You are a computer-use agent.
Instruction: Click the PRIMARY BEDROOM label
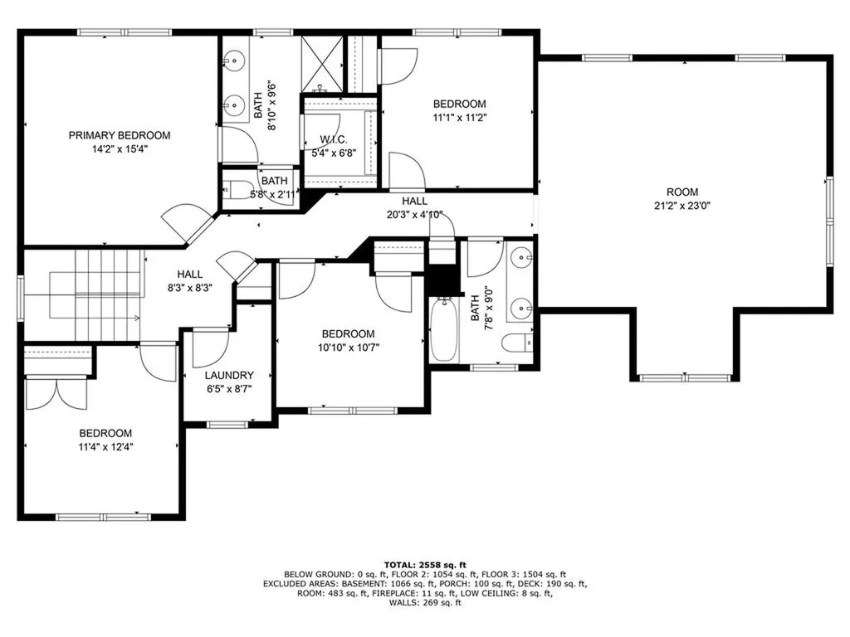point(119,135)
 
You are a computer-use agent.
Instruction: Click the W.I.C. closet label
point(333,140)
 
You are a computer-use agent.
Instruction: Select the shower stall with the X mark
point(322,64)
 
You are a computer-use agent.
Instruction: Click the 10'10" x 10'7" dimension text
point(349,348)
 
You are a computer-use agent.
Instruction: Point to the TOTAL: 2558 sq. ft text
point(425,563)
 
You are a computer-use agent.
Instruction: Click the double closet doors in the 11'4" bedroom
point(55,393)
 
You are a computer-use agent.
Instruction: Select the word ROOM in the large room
point(681,192)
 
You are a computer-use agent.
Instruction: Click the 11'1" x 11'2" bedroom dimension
point(459,118)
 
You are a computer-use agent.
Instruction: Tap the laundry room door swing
point(210,348)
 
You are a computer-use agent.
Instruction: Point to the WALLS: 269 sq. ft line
point(425,603)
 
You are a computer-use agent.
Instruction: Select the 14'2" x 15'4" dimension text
point(119,149)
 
